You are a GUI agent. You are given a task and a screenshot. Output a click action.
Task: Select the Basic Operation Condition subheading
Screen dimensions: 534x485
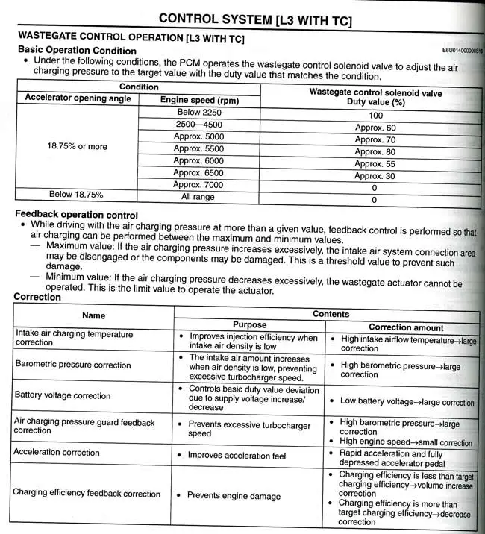point(76,50)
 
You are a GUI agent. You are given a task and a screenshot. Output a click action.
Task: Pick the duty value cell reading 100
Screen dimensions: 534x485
point(375,116)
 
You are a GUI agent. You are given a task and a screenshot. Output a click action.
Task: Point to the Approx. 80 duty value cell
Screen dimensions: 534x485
point(375,151)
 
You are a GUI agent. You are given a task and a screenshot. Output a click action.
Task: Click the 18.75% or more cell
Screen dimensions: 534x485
point(77,146)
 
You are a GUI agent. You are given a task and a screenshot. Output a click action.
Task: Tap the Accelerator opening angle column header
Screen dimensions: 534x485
point(77,98)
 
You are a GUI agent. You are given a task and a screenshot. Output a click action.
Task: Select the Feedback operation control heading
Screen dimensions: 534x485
point(76,215)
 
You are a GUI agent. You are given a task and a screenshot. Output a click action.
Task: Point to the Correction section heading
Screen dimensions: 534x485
point(37,297)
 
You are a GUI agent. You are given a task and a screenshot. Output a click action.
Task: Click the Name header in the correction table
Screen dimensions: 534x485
point(94,315)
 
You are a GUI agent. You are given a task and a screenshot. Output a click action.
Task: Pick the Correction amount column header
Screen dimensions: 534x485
point(406,327)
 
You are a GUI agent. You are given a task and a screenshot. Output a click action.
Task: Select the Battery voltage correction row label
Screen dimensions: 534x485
point(63,395)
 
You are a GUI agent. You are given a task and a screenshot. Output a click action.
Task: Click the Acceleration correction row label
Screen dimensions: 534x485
point(57,452)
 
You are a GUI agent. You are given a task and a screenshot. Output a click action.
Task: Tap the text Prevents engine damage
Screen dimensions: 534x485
point(234,495)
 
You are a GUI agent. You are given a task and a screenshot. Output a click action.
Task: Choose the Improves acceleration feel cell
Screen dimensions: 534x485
point(238,455)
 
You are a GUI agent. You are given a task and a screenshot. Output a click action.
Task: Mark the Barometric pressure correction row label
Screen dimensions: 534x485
point(72,365)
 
